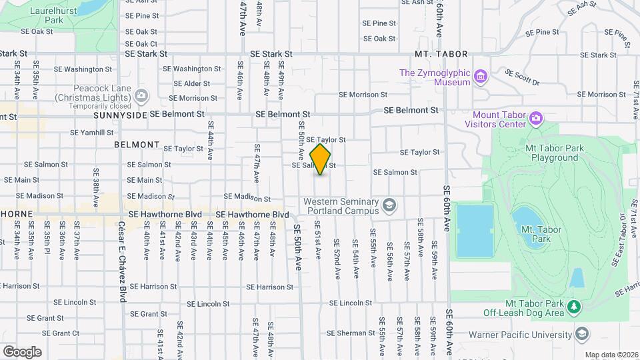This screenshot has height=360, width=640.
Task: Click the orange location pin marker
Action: coord(321,159)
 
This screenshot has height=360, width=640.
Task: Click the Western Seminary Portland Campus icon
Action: coord(390,204)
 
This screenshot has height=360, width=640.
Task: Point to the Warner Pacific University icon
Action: coord(582,333)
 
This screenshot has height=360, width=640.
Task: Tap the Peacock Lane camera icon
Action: coord(141,97)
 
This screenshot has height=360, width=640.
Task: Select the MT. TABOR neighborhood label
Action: coord(441,54)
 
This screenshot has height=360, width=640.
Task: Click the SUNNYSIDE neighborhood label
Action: coord(119,115)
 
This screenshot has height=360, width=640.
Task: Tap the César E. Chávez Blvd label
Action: coord(123,262)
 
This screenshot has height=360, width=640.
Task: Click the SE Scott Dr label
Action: coord(522,78)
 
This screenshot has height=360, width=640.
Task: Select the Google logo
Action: coord(22,351)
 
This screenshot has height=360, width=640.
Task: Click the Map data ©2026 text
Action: coord(611,355)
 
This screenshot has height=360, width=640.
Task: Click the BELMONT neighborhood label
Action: coord(137,145)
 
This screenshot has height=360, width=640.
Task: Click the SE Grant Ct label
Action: coord(61,333)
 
